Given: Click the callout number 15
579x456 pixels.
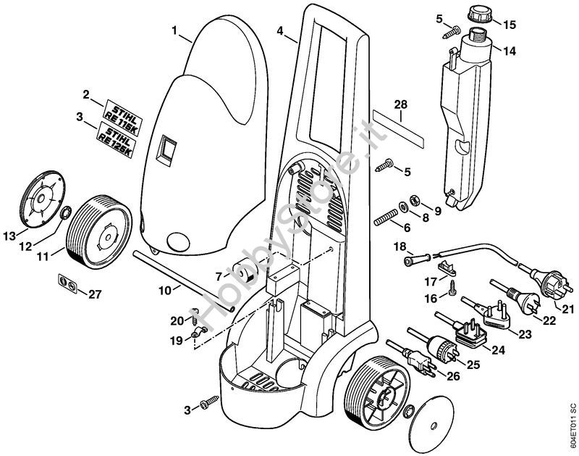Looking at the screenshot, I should pos(510,25).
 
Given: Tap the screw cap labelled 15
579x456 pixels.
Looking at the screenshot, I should pos(479,14).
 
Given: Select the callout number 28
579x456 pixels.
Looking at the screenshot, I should pos(400,105).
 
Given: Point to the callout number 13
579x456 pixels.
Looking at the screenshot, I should pos(9,236).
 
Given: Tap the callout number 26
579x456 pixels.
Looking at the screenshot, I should pos(454,375).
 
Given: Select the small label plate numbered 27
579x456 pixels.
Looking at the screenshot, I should pos(67,283).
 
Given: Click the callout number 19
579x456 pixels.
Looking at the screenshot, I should pos(177,340).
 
